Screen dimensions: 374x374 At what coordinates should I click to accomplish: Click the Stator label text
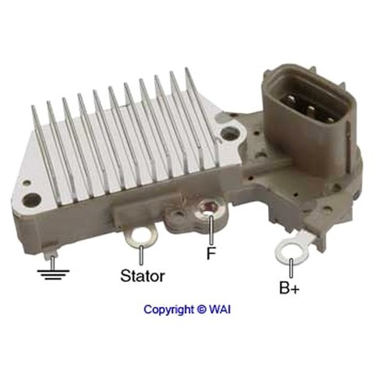point(143,276)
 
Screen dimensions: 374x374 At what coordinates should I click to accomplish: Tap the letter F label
point(211,253)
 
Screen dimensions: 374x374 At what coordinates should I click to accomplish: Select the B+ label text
point(289,288)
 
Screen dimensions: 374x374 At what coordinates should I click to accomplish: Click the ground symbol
point(53,275)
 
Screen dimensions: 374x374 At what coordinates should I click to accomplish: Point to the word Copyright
point(168,309)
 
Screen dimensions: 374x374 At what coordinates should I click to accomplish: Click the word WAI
point(220,309)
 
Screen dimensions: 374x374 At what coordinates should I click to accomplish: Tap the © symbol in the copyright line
point(202,309)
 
